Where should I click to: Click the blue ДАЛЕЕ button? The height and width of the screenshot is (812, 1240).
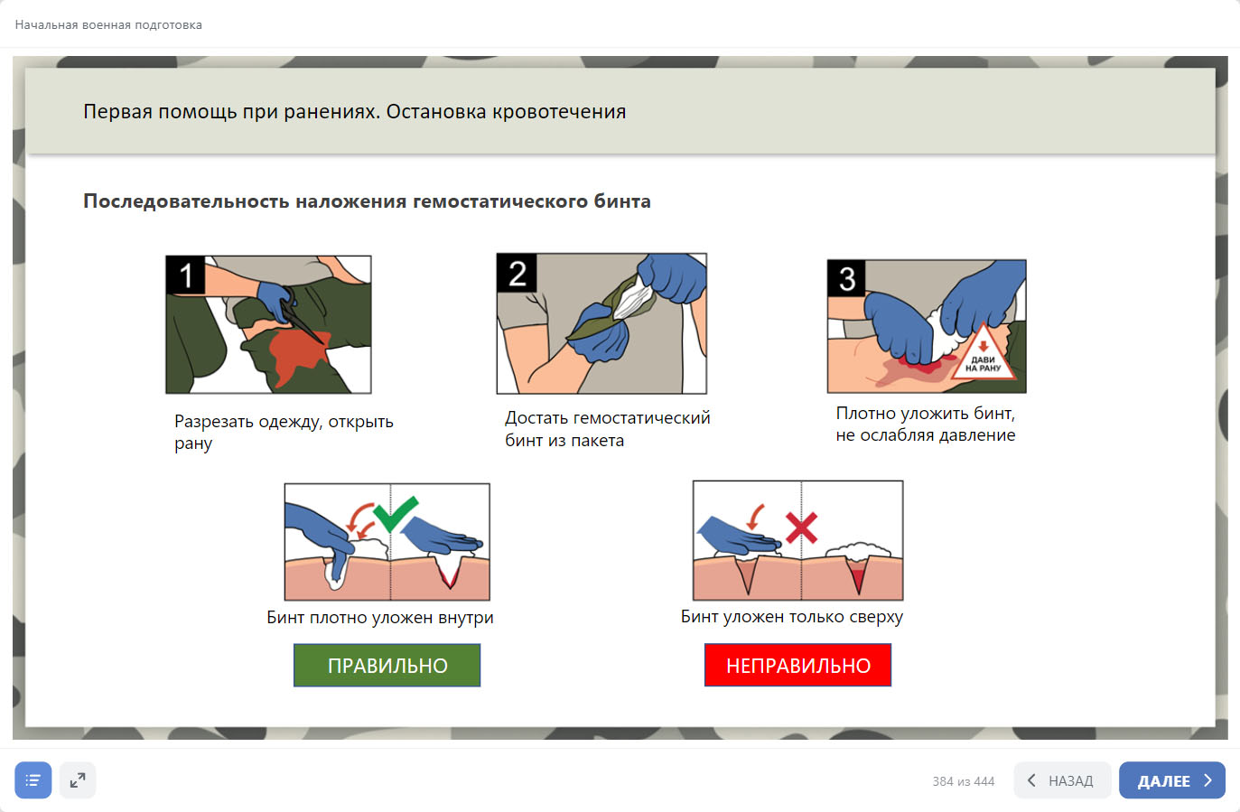point(1172,779)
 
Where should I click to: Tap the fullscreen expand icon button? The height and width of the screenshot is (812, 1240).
point(78,779)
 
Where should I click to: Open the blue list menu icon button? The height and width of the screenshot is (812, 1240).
point(33,779)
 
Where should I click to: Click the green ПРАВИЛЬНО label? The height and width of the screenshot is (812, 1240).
point(387,665)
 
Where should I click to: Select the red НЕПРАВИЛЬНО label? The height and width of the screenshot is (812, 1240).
point(797,665)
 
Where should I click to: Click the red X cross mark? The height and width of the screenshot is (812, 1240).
point(801,527)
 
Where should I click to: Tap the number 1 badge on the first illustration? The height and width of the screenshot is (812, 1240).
point(186,275)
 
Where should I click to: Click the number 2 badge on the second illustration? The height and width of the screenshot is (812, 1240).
point(517,273)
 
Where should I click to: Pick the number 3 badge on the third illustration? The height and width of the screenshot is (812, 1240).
point(847,278)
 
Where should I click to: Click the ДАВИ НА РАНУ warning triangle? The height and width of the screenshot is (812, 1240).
point(984,354)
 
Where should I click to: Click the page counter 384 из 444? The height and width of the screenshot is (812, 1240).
point(964,781)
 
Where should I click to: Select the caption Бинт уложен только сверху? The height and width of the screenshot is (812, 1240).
point(792,616)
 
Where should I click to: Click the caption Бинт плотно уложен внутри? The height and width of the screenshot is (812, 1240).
point(379,617)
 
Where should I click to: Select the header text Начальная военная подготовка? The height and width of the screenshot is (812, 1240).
point(108,25)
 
